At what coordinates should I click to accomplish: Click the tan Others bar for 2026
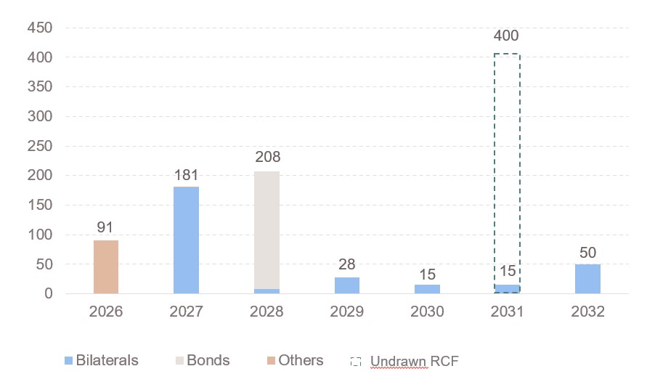[106, 267]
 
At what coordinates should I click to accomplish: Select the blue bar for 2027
[186, 240]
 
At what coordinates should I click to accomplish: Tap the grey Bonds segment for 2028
[266, 230]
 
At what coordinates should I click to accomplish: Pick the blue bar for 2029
[347, 285]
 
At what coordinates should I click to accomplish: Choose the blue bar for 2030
[428, 289]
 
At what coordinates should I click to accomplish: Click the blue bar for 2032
[587, 279]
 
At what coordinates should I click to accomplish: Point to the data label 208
[268, 157]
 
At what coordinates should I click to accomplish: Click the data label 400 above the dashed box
[506, 36]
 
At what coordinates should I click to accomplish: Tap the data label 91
[105, 227]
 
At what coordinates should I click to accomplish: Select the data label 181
[186, 175]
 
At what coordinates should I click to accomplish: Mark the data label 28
[346, 264]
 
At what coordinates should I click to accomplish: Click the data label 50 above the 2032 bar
[587, 253]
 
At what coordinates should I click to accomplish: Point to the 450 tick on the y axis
[40, 28]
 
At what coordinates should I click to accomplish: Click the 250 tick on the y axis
[40, 146]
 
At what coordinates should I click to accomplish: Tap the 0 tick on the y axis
[49, 293]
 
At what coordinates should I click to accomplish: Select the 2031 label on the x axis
[507, 311]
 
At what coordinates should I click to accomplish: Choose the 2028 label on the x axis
[266, 311]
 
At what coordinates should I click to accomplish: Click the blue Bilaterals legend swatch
[68, 360]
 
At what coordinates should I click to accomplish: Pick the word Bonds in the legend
[208, 360]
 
